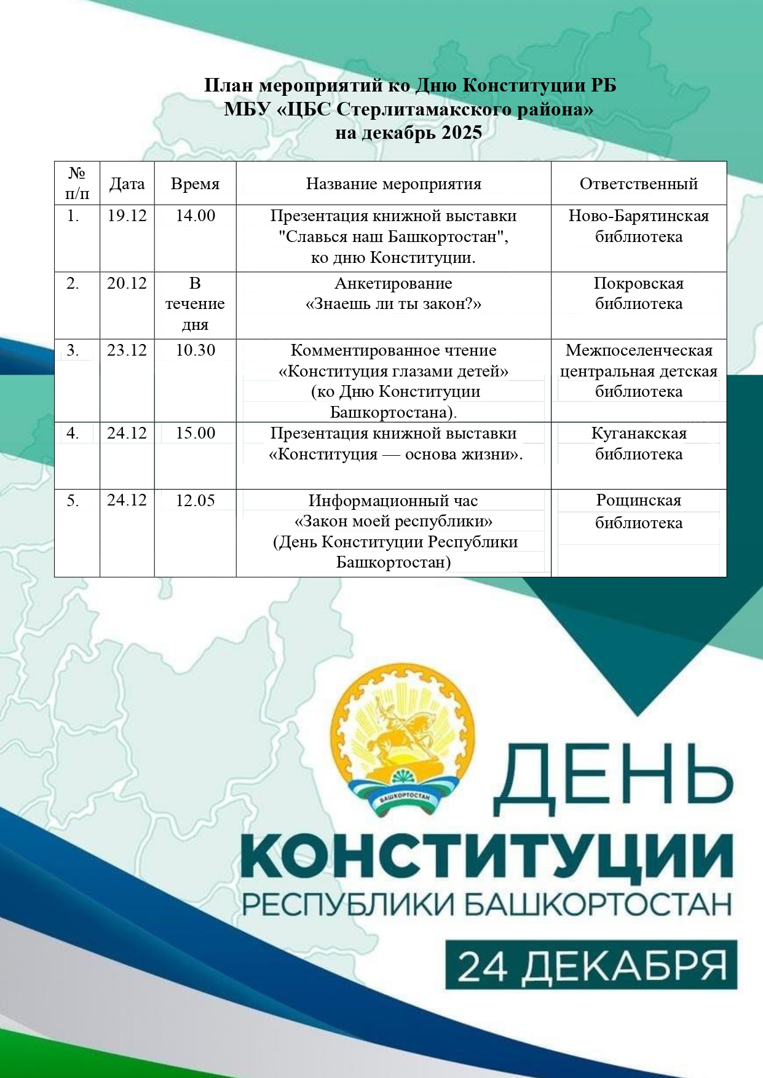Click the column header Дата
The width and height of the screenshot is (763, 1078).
click(127, 184)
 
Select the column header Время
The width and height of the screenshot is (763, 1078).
click(195, 184)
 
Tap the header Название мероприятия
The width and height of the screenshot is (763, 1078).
click(393, 184)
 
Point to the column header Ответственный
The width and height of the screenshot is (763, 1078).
click(639, 184)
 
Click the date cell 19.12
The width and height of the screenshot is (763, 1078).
click(127, 216)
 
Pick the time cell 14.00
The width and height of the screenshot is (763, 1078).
click(196, 216)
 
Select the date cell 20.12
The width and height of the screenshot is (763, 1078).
click(127, 283)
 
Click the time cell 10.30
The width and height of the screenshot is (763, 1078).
click(196, 350)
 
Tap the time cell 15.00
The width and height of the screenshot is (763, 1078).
click(196, 433)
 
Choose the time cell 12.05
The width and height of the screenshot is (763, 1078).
click(196, 501)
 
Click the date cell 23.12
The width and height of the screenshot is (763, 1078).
click(127, 350)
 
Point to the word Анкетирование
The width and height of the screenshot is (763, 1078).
click(393, 283)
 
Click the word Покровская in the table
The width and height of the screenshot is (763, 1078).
click(639, 283)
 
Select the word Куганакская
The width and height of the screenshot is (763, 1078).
click(639, 433)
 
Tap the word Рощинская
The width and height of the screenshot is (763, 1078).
click(639, 501)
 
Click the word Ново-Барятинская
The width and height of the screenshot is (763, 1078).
click(639, 216)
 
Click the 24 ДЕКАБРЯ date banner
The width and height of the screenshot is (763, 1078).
click(591, 966)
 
